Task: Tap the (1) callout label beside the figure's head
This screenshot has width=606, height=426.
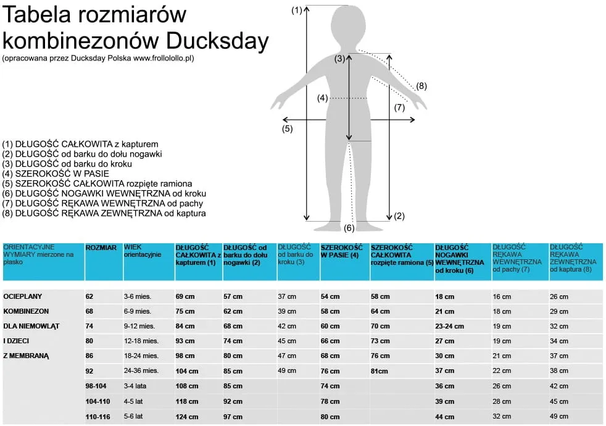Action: coord(297,10)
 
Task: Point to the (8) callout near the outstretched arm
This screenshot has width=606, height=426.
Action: coord(421,86)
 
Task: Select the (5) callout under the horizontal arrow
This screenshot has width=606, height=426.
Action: coord(287,129)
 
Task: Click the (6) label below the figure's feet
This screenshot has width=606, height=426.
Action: coord(349,228)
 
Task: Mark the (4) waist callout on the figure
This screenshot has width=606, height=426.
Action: coord(323,98)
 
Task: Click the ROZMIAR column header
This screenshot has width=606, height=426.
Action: coord(101,248)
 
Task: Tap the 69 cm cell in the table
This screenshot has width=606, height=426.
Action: coord(185,297)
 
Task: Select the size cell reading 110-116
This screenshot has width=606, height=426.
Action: coord(98,417)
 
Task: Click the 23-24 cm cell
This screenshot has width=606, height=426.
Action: coord(449,326)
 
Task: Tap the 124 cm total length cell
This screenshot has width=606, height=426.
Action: coord(187,417)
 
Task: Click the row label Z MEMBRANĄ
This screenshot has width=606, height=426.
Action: coord(26,356)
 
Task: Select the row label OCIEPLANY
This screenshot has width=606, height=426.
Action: coord(23,296)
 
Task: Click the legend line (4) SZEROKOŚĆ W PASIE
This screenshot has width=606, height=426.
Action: coord(56,173)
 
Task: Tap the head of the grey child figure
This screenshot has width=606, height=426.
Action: coord(349,26)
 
